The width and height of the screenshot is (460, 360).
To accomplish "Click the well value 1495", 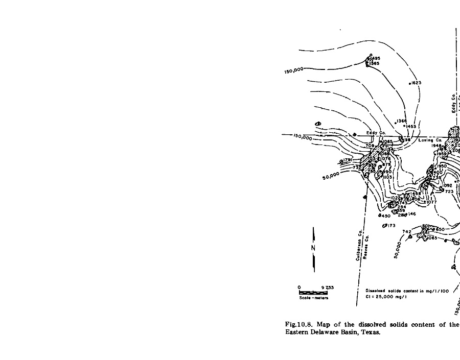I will [x=376, y=59].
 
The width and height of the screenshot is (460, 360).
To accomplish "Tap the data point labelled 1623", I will [x=416, y=83].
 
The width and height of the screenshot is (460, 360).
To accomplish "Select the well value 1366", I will [x=402, y=121].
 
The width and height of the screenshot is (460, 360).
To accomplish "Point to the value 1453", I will [x=411, y=126].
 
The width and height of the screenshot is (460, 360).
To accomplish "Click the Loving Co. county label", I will [x=430, y=140].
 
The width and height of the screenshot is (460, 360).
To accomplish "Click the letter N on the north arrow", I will [x=313, y=248].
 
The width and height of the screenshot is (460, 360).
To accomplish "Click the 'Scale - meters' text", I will [x=313, y=298].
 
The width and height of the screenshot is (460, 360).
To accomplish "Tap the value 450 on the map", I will [x=385, y=216].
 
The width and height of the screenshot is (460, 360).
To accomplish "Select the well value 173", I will [x=391, y=226].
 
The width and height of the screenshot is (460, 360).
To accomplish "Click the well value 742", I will [x=407, y=232].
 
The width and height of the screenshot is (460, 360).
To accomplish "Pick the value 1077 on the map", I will [x=431, y=202].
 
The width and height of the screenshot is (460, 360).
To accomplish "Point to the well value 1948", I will [x=436, y=146].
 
